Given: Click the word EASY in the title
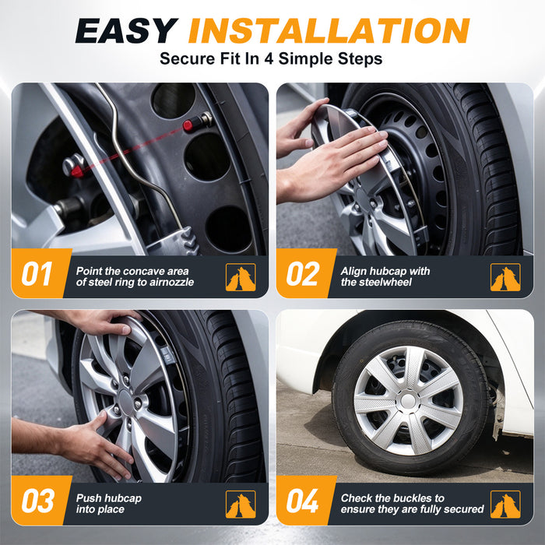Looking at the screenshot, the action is (x=126, y=30).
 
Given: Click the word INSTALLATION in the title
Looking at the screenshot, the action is (x=329, y=30).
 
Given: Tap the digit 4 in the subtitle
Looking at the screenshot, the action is (x=269, y=58).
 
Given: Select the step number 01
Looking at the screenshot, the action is (x=37, y=274).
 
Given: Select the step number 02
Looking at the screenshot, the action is (x=302, y=274).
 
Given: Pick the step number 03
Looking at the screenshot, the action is (x=38, y=501).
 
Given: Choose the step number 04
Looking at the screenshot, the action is (x=302, y=501).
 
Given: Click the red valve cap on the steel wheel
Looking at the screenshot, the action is (x=188, y=125).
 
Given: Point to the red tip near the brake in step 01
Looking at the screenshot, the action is (x=77, y=171).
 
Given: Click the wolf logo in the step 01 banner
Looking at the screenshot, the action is (x=241, y=277).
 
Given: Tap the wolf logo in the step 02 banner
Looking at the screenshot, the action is (x=505, y=277).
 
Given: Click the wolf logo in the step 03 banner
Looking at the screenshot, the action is (x=241, y=505).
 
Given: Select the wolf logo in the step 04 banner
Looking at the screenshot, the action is (x=505, y=505).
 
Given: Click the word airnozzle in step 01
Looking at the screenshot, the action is (x=171, y=282).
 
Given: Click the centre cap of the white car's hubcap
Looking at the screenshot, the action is (x=409, y=401).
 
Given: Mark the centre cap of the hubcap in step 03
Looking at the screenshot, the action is (x=126, y=403).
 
